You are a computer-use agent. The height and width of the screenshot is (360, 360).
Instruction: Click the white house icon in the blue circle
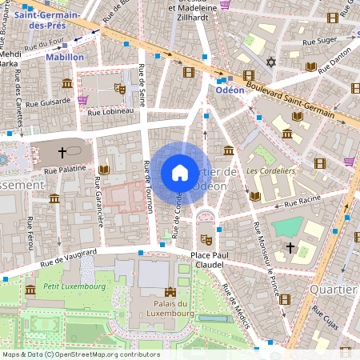pyautogui.click(x=180, y=172)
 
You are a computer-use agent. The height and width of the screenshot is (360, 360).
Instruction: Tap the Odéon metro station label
pyautogui.click(x=230, y=91)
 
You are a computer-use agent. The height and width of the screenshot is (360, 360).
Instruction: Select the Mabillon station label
pyautogui.click(x=65, y=58)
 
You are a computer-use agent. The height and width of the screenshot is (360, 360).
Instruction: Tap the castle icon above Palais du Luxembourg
pyautogui.click(x=170, y=293)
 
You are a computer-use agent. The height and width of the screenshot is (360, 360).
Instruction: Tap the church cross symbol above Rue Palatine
pyautogui.click(x=62, y=150)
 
